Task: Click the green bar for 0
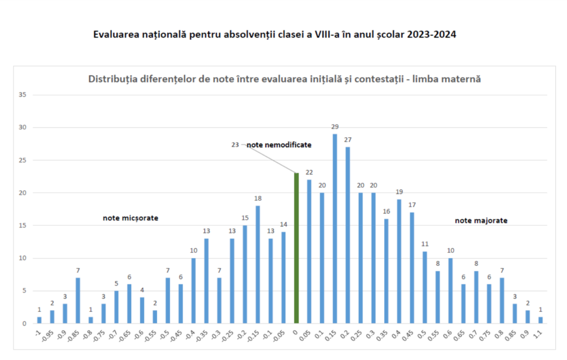296,248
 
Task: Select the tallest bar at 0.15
334,228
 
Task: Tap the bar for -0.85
78,300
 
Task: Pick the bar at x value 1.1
540,320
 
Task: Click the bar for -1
39,320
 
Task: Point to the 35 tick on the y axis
23,95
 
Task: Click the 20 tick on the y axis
23,193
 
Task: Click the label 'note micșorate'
131,218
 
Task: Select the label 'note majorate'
481,220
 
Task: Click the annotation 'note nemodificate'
279,145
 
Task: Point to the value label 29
334,127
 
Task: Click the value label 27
347,140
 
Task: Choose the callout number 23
235,145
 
